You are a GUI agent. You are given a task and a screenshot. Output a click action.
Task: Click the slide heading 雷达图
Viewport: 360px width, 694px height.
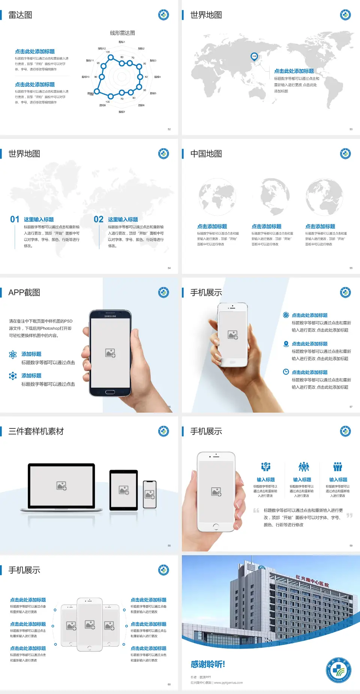pyautogui.click(x=20, y=15)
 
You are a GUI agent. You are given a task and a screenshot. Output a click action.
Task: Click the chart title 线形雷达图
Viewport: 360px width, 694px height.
pyautogui.click(x=122, y=33)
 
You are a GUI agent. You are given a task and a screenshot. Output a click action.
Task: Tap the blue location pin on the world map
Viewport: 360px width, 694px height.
pyautogui.click(x=254, y=57)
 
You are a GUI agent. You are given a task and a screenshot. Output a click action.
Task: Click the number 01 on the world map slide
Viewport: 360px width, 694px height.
pyautogui.click(x=15, y=219)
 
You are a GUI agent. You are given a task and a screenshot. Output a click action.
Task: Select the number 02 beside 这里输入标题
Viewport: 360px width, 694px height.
pyautogui.click(x=99, y=219)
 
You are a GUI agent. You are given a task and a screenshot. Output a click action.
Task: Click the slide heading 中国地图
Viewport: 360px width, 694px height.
pyautogui.click(x=206, y=154)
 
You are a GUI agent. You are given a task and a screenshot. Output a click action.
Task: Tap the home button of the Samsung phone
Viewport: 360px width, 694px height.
pyautogui.click(x=110, y=392)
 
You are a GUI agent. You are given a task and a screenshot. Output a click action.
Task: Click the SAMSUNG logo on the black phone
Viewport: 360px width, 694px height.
pyautogui.click(x=110, y=316)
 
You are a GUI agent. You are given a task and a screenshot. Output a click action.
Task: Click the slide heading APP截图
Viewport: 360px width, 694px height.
pyautogui.click(x=24, y=293)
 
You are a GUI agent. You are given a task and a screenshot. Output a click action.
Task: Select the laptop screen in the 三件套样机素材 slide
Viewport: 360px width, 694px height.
pyautogui.click(x=61, y=485)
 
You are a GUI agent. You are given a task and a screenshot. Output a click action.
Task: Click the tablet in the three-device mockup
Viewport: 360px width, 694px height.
pyautogui.click(x=124, y=490)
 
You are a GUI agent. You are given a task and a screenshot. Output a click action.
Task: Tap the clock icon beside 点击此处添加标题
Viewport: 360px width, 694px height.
pyautogui.click(x=286, y=372)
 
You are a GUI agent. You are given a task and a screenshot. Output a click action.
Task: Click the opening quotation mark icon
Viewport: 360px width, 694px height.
pyautogui.click(x=256, y=510)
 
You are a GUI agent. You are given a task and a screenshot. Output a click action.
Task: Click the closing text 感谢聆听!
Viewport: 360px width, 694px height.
pyautogui.click(x=208, y=664)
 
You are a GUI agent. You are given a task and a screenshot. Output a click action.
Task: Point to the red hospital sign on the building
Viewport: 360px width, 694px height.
pyautogui.click(x=312, y=581)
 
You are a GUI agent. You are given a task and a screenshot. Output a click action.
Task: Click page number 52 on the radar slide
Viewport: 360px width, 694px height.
pyautogui.click(x=169, y=129)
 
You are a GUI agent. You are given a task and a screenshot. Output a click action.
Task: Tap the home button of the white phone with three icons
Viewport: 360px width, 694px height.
pyautogui.click(x=216, y=526)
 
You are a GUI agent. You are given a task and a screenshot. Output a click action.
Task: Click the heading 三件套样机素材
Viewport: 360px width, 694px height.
pyautogui.click(x=36, y=431)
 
